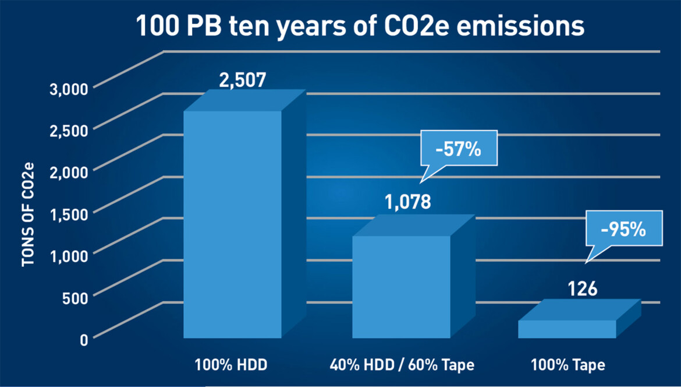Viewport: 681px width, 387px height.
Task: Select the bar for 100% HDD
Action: coord(233,224)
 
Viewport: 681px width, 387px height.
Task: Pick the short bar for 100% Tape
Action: coord(567,329)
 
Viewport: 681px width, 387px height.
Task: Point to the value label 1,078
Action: coord(407,202)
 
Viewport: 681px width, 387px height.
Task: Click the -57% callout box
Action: coord(458,150)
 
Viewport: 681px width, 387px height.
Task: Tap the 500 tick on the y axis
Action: coord(75,297)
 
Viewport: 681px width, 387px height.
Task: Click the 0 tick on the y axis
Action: coord(84,339)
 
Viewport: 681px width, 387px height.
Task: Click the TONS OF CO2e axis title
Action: coord(27,216)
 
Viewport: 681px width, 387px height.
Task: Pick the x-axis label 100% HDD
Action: coord(232,365)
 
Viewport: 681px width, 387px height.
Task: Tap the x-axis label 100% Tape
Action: coord(567,365)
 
